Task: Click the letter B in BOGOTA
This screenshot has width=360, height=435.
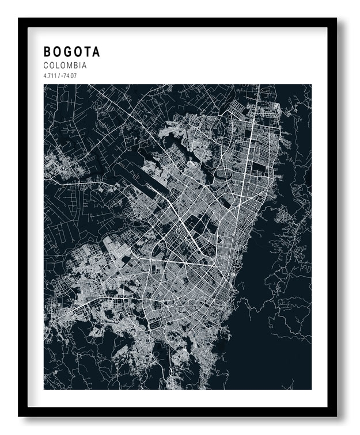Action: click(47, 52)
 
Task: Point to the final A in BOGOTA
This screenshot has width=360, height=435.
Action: click(96, 52)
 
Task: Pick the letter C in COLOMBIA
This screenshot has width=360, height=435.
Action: click(46, 66)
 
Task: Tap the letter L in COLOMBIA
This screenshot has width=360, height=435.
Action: click(59, 66)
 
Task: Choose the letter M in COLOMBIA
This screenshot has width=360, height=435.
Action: click(71, 66)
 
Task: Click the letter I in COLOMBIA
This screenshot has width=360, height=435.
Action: click(81, 66)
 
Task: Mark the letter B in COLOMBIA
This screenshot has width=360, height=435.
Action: click(77, 66)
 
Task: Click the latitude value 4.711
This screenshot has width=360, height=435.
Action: click(49, 75)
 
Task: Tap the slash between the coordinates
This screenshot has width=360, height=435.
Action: click(58, 75)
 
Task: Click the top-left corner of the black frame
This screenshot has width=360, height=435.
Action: click(19, 19)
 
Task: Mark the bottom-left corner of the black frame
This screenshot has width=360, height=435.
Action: click(19, 415)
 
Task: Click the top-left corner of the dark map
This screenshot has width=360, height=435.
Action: click(44, 85)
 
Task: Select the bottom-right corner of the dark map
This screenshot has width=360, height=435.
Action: click(311, 389)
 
